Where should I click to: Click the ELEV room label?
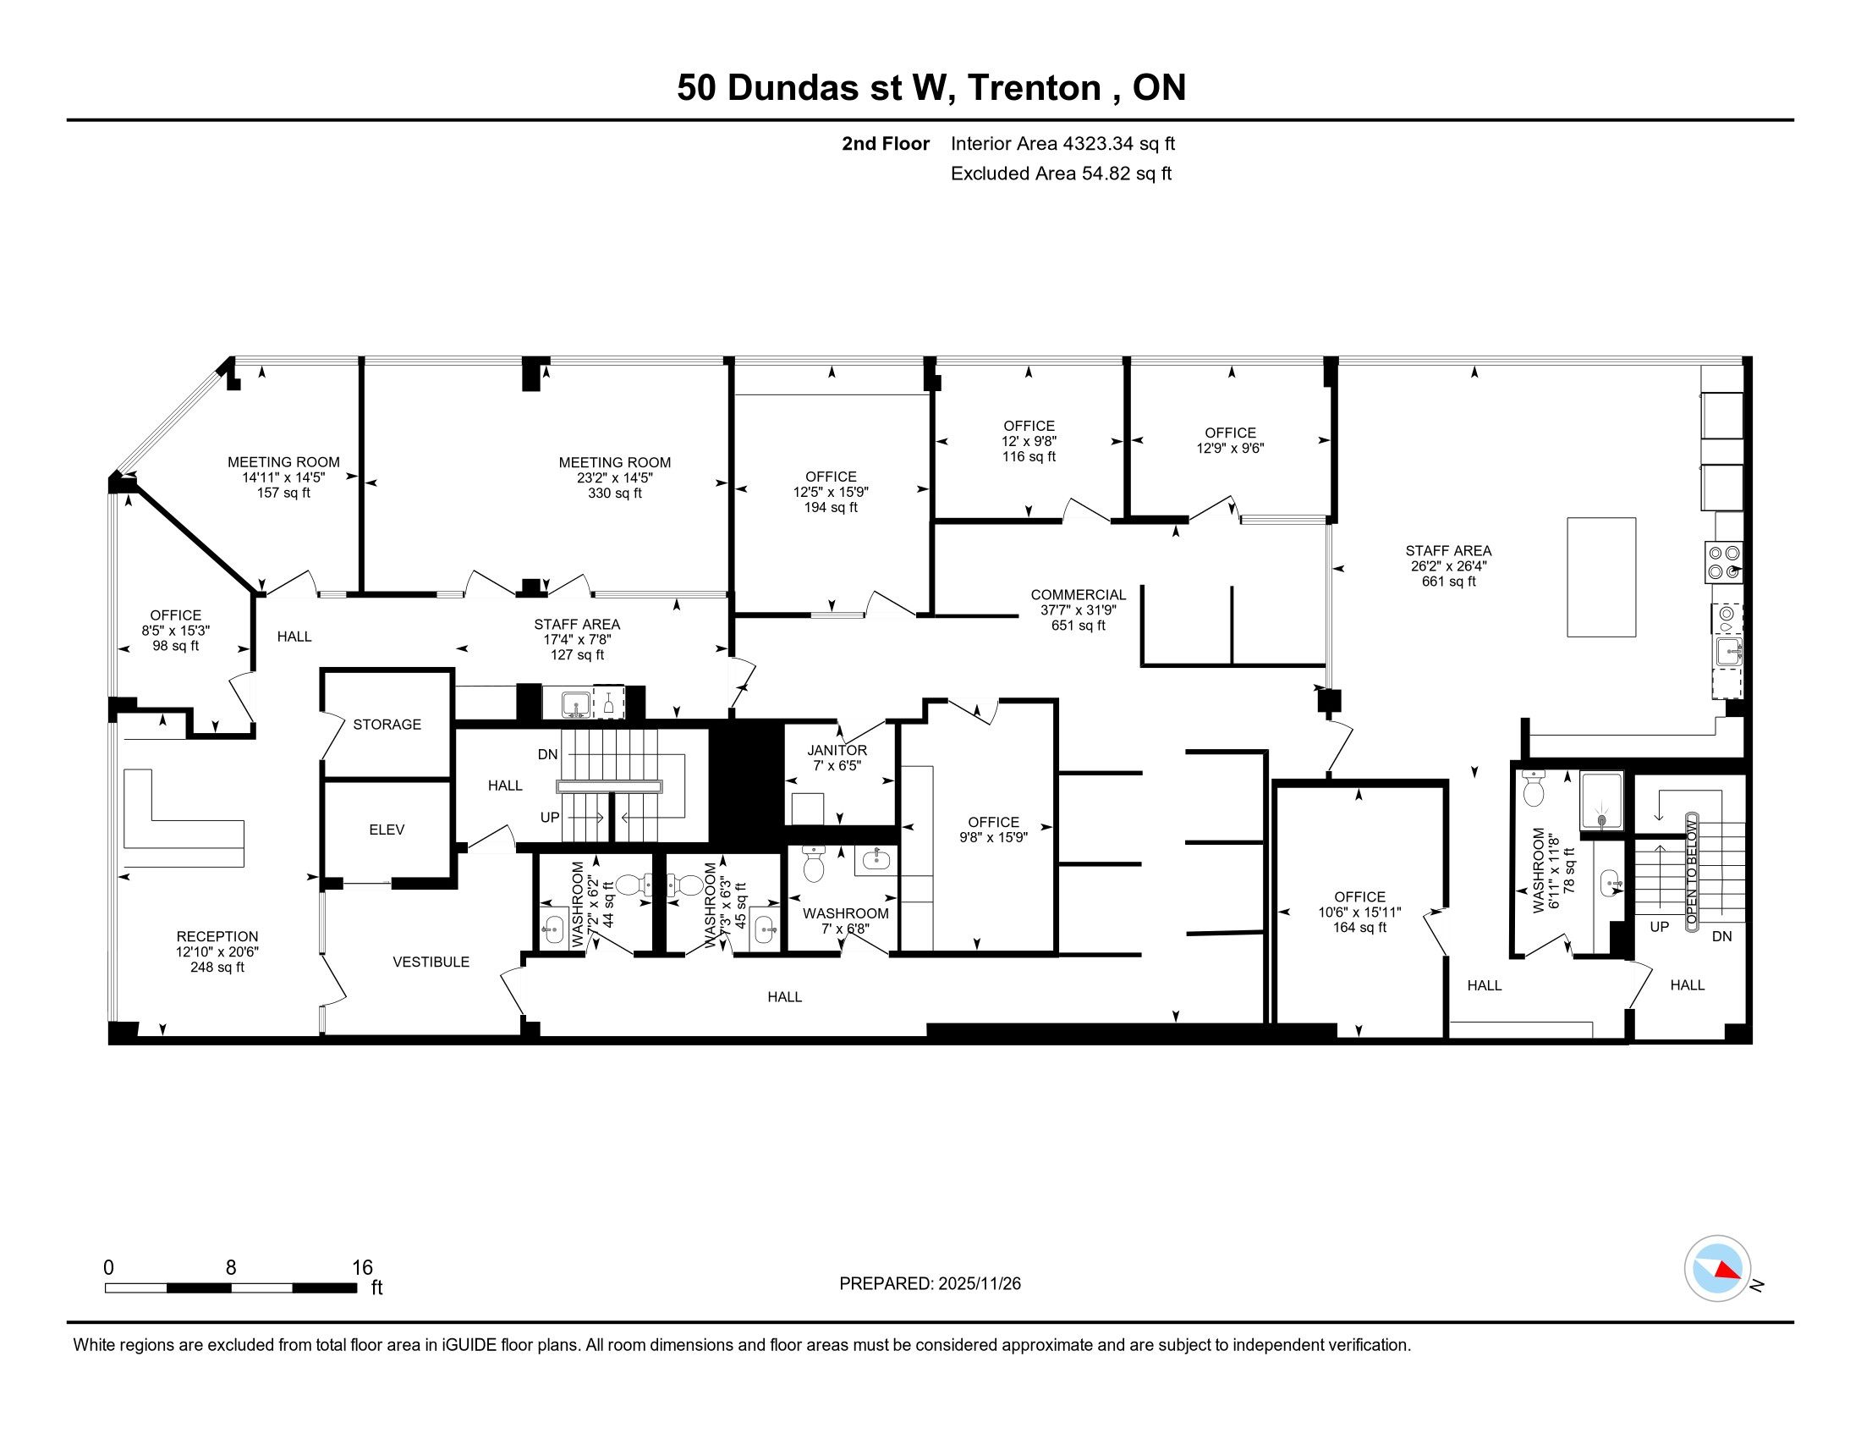[x=387, y=830]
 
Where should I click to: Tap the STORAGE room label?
[x=387, y=725]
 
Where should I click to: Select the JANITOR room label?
[x=837, y=750]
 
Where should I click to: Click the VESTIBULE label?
[x=431, y=962]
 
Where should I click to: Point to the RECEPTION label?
[x=217, y=936]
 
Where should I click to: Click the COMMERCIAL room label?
[x=1078, y=594]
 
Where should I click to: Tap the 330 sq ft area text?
[x=614, y=493]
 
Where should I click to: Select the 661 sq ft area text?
[x=1448, y=582]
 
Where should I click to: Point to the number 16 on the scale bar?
[x=363, y=1267]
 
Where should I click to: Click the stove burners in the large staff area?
[x=1723, y=563]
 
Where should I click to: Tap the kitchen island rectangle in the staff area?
[x=1601, y=577]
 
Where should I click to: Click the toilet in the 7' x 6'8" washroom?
[x=813, y=864]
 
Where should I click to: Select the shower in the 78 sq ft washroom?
[x=1602, y=800]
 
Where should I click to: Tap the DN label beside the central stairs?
[x=548, y=754]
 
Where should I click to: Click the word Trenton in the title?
[x=1034, y=88]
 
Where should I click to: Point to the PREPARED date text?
[x=930, y=1283]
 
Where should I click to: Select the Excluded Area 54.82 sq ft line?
[x=1061, y=173]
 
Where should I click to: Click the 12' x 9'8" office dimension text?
[x=1029, y=441]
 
